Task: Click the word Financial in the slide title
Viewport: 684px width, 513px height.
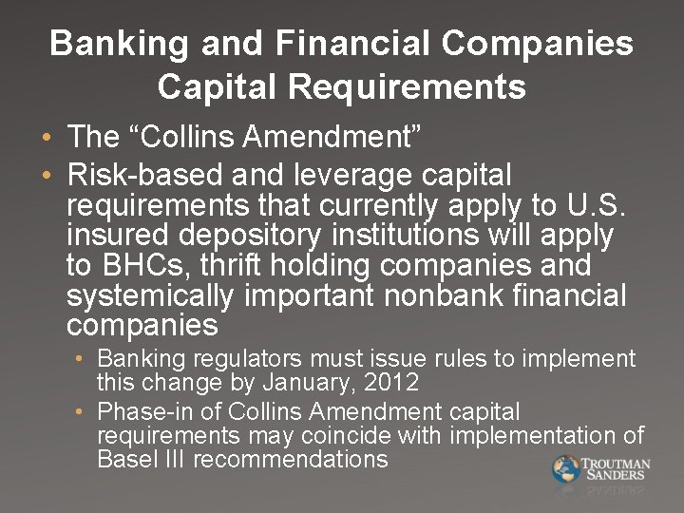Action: (x=358, y=44)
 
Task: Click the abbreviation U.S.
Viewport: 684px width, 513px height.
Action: (x=595, y=205)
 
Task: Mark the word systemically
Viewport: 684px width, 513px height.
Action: (x=149, y=295)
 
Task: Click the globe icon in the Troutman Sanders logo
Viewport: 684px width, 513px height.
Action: (x=566, y=469)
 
